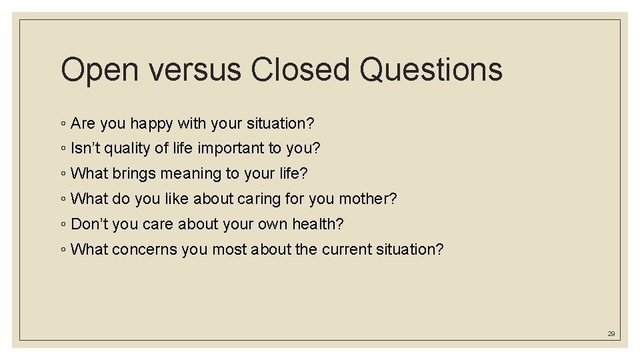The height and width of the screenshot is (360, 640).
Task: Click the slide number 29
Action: pos(611,333)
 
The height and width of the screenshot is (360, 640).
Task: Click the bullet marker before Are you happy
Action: pos(63,125)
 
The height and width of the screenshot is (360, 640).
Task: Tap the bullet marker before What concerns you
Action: pos(63,250)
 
